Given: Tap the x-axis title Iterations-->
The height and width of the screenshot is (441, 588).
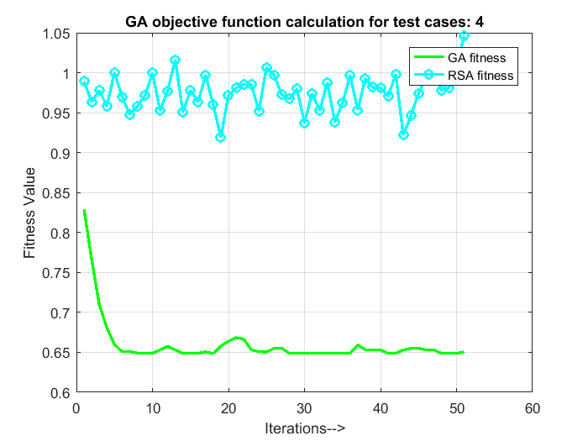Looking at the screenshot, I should [x=304, y=428].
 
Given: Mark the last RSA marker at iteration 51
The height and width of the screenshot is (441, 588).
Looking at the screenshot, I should [x=464, y=36].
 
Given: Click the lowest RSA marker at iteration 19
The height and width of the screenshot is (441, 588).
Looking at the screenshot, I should [x=221, y=137].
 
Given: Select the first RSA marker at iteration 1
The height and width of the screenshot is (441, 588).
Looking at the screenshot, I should [x=84, y=81].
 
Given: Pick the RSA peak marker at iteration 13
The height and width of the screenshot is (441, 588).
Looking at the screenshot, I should [x=175, y=60].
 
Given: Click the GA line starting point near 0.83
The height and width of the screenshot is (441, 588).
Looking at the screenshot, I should [x=84, y=211].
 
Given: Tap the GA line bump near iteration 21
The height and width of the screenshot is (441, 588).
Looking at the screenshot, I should [x=236, y=338].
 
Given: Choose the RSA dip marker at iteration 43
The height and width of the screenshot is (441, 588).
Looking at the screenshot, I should [x=403, y=134].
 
